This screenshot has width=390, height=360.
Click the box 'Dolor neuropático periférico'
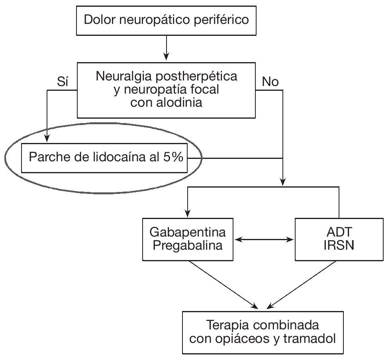coord(167,20)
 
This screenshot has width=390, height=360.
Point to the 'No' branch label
coord(270,82)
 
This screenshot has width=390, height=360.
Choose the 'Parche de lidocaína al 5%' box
coord(104,157)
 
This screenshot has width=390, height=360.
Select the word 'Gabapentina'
coord(188,232)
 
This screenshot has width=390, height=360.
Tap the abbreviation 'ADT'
coord(339,232)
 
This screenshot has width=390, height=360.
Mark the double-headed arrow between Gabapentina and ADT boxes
coord(264,240)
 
